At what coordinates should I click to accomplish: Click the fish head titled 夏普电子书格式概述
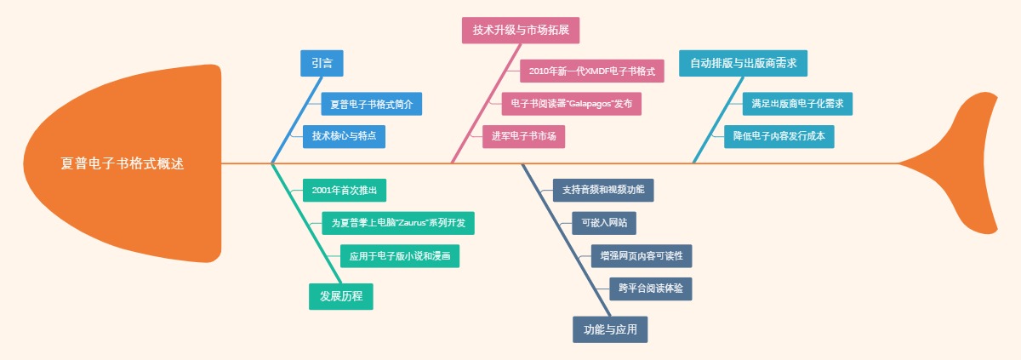(123, 163)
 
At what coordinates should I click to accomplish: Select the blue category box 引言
(322, 63)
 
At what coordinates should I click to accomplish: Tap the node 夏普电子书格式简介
(371, 105)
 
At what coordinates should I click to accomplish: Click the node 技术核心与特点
(344, 136)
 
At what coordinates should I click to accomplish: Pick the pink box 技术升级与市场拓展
(521, 30)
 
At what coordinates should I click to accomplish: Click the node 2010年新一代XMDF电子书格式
(591, 71)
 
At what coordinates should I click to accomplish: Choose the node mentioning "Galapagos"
(572, 104)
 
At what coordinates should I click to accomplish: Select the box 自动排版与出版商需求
(743, 63)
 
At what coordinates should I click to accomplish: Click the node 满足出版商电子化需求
(797, 104)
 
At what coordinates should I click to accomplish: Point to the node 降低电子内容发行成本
(779, 136)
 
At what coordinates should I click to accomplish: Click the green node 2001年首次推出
(339, 190)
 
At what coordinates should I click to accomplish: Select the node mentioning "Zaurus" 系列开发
(398, 223)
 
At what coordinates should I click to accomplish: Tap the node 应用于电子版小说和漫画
(400, 256)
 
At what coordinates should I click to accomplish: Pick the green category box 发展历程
(341, 296)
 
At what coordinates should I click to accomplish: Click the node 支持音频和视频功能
(603, 190)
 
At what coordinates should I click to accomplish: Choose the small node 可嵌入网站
(604, 223)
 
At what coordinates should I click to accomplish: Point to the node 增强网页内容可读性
(647, 256)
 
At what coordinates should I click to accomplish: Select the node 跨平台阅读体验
(651, 289)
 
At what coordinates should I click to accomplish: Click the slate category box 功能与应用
(610, 329)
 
